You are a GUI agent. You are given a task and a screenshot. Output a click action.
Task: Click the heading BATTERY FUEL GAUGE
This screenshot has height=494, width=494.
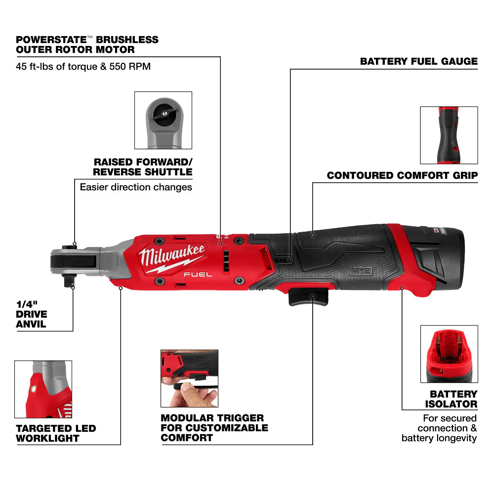[x=418, y=62]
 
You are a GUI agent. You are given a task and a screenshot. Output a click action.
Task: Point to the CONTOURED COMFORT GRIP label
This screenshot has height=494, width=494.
[x=402, y=175]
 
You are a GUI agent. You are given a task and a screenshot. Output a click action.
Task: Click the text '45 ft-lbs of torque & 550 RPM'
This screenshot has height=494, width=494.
[x=83, y=65]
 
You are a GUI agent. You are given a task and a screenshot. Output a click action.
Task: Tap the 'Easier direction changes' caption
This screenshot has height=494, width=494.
[x=136, y=187]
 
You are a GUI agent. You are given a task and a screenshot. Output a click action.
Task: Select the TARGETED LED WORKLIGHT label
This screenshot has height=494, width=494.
[x=56, y=433]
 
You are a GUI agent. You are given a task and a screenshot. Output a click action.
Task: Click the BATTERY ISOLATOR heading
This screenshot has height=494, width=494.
[x=453, y=399]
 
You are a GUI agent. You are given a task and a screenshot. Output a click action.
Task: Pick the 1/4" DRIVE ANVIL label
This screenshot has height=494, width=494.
[x=31, y=314]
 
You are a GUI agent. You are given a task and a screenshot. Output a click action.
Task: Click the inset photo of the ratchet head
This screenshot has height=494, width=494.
[x=163, y=120]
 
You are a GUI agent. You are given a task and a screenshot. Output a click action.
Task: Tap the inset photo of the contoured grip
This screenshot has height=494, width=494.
[x=449, y=135]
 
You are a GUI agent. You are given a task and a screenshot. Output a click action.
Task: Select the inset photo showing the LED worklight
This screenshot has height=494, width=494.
[x=43, y=389]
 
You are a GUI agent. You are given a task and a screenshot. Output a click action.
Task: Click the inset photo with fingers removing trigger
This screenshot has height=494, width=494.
[x=189, y=378]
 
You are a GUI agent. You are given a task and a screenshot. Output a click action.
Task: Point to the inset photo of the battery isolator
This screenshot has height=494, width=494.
[x=449, y=354]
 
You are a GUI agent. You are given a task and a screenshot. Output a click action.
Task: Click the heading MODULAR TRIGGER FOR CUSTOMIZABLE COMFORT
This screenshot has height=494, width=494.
[x=214, y=428]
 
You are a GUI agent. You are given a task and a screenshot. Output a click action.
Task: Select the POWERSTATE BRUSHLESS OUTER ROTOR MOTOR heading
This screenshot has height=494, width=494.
[x=87, y=44]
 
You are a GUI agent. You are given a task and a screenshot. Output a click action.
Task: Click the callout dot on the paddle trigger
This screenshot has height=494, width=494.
[x=313, y=296]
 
